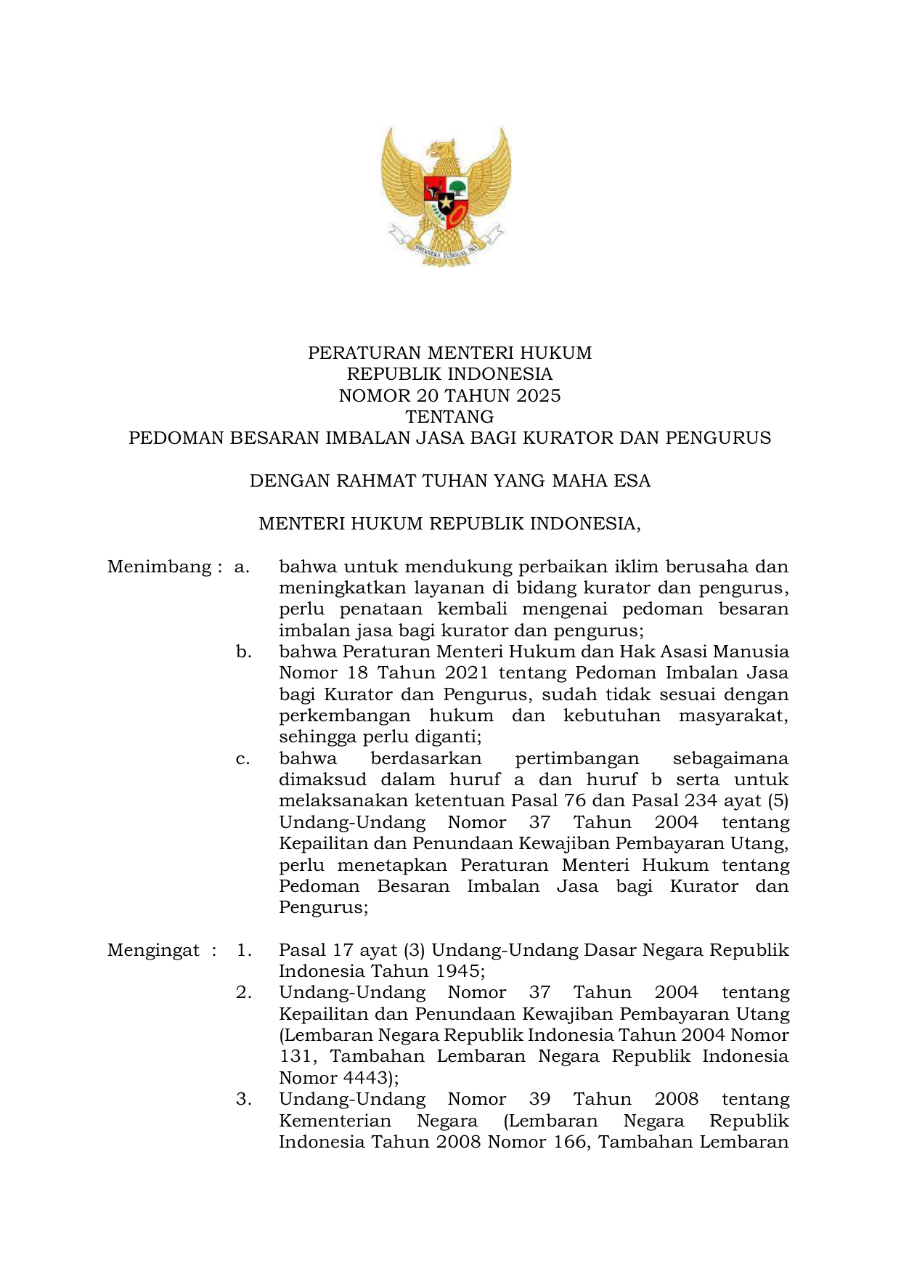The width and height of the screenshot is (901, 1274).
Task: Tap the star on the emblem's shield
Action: point(445,201)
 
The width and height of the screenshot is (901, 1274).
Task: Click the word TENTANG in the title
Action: point(449,417)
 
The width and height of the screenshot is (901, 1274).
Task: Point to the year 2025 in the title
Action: point(539,396)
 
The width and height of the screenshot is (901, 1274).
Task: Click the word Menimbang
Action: point(160,567)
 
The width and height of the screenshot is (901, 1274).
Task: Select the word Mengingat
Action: point(153,950)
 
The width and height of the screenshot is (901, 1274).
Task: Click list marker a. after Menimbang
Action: point(242,567)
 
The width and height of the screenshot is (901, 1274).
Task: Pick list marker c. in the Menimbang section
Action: point(242,759)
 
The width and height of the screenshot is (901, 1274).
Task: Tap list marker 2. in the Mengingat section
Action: point(244,993)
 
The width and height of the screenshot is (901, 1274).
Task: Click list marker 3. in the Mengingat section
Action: point(244,1100)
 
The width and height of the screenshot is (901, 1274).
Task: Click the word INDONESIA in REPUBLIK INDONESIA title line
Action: point(500,375)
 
